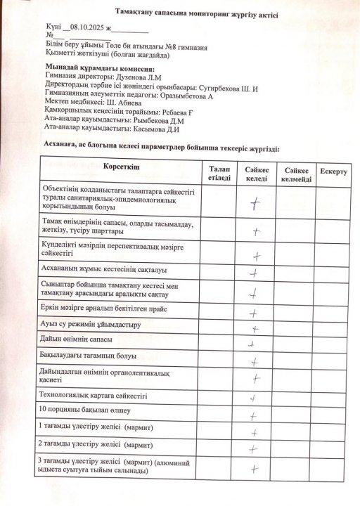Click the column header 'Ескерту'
tap(333, 171)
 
